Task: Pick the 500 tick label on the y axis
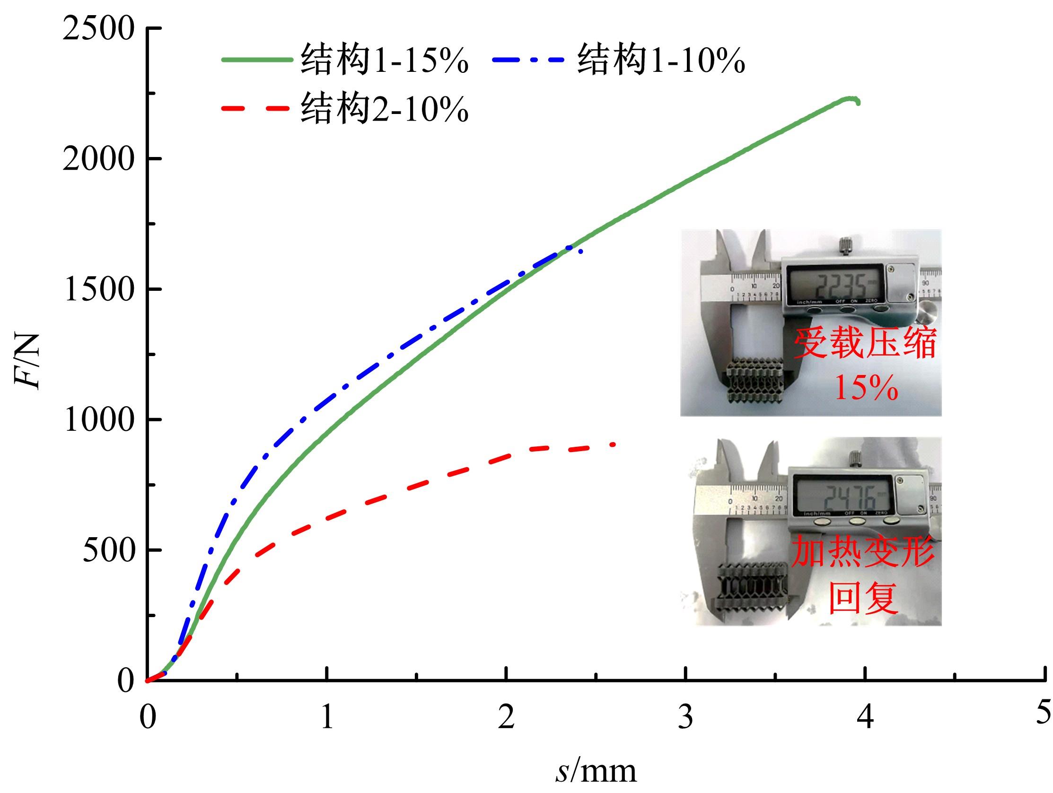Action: (x=109, y=550)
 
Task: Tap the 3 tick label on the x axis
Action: (x=685, y=717)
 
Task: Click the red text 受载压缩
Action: (x=864, y=344)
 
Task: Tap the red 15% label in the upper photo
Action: (x=866, y=388)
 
